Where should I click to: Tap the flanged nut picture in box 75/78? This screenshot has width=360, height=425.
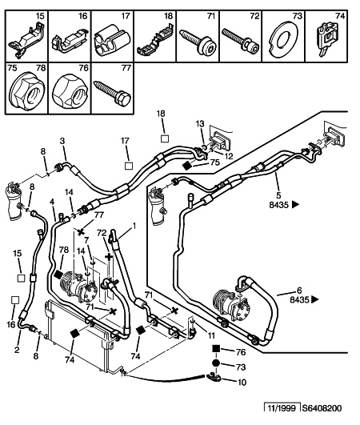pyautogui.click(x=26, y=91)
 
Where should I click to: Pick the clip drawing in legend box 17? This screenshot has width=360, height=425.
pyautogui.click(x=112, y=39)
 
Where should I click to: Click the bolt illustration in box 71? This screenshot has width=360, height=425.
pyautogui.click(x=197, y=42)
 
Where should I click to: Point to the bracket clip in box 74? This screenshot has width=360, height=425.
pyautogui.click(x=327, y=38)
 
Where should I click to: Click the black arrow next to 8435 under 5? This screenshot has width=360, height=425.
pyautogui.click(x=295, y=204)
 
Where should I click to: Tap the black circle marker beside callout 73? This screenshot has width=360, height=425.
pyautogui.click(x=216, y=363)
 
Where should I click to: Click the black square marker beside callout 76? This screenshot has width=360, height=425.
pyautogui.click(x=216, y=349)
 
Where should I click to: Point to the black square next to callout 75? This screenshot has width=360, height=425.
pyautogui.click(x=187, y=166)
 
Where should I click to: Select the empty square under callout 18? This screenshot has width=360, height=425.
pyautogui.click(x=165, y=138)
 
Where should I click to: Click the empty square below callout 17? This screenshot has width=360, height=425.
pyautogui.click(x=129, y=166)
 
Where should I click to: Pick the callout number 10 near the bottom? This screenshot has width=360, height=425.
pyautogui.click(x=242, y=382)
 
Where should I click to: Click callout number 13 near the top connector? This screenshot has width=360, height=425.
pyautogui.click(x=200, y=124)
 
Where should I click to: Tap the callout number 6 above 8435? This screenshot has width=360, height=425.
pyautogui.click(x=299, y=291)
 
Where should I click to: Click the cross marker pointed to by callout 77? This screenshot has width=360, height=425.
pyautogui.click(x=81, y=231)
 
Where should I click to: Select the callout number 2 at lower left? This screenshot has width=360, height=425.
pyautogui.click(x=17, y=350)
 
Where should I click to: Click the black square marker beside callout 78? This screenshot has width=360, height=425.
pyautogui.click(x=58, y=275)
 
